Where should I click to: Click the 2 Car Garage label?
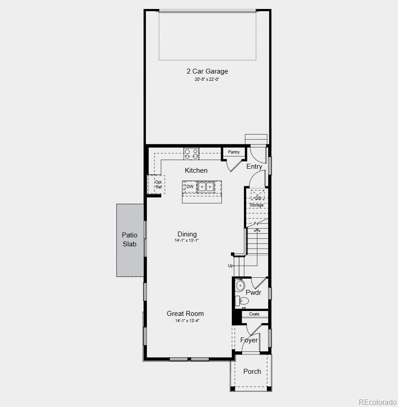click(207, 71)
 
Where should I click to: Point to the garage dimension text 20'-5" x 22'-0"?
click(207, 79)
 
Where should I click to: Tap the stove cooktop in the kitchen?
click(191, 154)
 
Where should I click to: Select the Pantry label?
click(234, 152)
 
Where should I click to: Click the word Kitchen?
click(196, 171)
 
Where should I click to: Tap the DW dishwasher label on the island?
click(190, 186)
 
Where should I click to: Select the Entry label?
click(254, 166)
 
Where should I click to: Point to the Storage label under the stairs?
click(257, 205)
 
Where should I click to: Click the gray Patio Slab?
click(130, 240)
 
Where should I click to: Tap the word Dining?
click(187, 234)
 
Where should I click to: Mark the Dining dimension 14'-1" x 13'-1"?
click(187, 241)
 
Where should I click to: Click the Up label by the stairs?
click(230, 266)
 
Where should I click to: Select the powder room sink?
click(240, 284)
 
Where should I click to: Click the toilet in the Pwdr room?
click(243, 301)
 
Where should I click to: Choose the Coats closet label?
click(254, 314)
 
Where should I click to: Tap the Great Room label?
click(185, 314)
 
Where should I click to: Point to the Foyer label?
click(249, 340)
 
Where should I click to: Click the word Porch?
click(252, 371)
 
